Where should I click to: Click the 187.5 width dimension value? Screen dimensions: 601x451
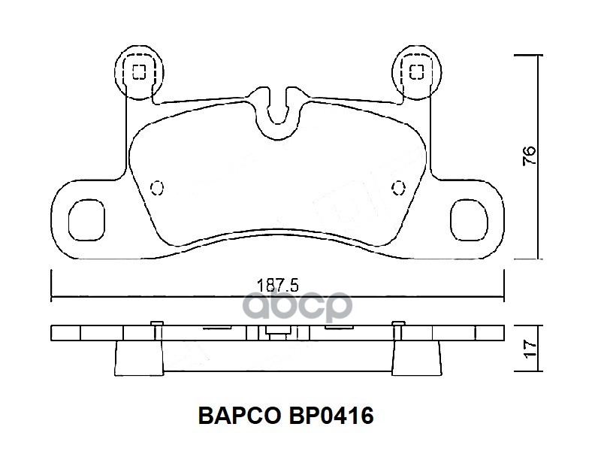click(x=277, y=286)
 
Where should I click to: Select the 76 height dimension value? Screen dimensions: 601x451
click(x=530, y=156)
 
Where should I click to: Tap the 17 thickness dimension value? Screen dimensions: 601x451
click(x=530, y=349)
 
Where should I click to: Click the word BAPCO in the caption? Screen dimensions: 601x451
click(x=239, y=416)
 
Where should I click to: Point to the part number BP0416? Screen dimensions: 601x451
click(x=331, y=416)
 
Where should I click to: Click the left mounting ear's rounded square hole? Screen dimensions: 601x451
click(x=86, y=220)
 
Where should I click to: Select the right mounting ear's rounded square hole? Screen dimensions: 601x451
click(x=469, y=220)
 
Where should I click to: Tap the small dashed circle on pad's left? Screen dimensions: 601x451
click(x=157, y=187)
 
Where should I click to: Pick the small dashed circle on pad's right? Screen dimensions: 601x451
click(x=399, y=187)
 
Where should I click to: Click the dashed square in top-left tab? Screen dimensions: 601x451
click(x=139, y=71)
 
